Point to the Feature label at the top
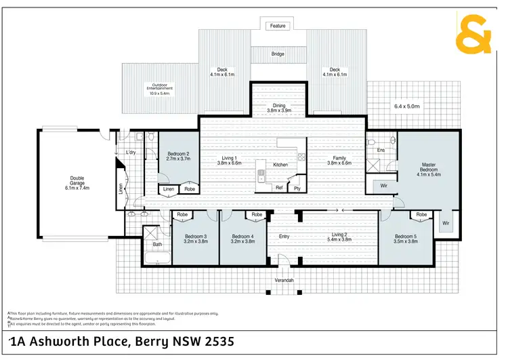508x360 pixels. tap(278, 26)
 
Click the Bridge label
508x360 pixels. tap(278, 54)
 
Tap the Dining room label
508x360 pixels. tap(279, 106)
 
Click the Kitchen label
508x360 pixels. tap(280, 165)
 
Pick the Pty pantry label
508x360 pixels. tap(297, 188)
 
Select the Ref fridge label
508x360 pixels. tap(278, 188)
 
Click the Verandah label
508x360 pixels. tap(284, 280)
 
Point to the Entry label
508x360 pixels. tap(284, 237)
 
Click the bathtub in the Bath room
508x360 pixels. tap(158, 258)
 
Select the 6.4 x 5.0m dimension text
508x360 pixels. tap(407, 106)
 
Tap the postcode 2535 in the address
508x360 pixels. tap(221, 342)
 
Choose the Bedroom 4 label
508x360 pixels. tap(242, 239)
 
